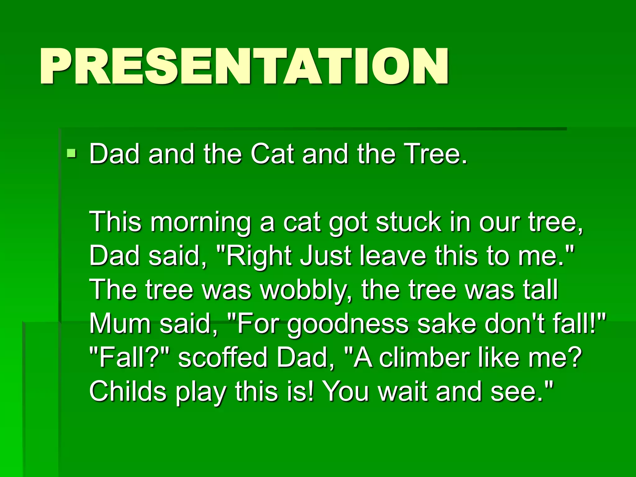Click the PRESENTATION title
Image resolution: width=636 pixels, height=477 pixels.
[244, 66]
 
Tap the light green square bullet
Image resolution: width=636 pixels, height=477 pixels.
[71, 153]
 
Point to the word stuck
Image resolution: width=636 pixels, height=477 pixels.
[408, 222]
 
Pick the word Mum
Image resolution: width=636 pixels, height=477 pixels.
[120, 324]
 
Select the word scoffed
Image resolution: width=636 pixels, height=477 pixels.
[222, 357]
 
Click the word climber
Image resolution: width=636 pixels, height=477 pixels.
[424, 357]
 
